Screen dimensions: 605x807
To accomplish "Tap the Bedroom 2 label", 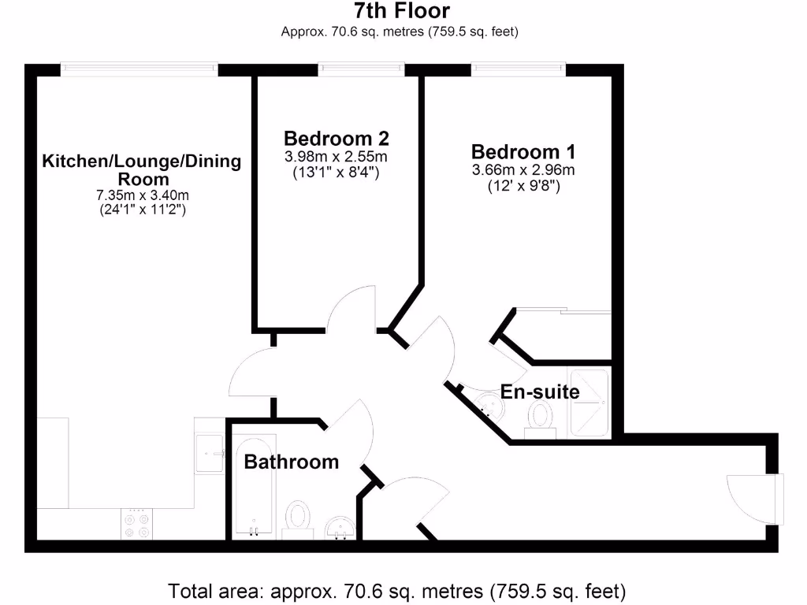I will pos(337,139).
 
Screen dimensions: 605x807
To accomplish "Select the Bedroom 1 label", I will pos(523,151).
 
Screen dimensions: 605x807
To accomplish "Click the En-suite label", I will pos(540,392).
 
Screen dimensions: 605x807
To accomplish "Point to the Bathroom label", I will pos(291,462).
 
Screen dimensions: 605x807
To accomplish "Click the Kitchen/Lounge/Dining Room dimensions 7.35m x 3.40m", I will pos(141,195).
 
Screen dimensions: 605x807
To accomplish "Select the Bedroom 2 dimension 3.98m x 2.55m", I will pos(337,157).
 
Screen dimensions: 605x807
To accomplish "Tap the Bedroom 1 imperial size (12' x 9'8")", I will pos(523,187).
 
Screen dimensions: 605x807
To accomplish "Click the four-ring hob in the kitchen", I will pos(136,525).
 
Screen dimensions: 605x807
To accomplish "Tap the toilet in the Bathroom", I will pos(298,519).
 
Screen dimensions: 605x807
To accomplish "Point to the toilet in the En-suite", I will pos(541,416).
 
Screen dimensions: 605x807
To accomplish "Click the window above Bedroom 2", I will pos(362,70).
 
